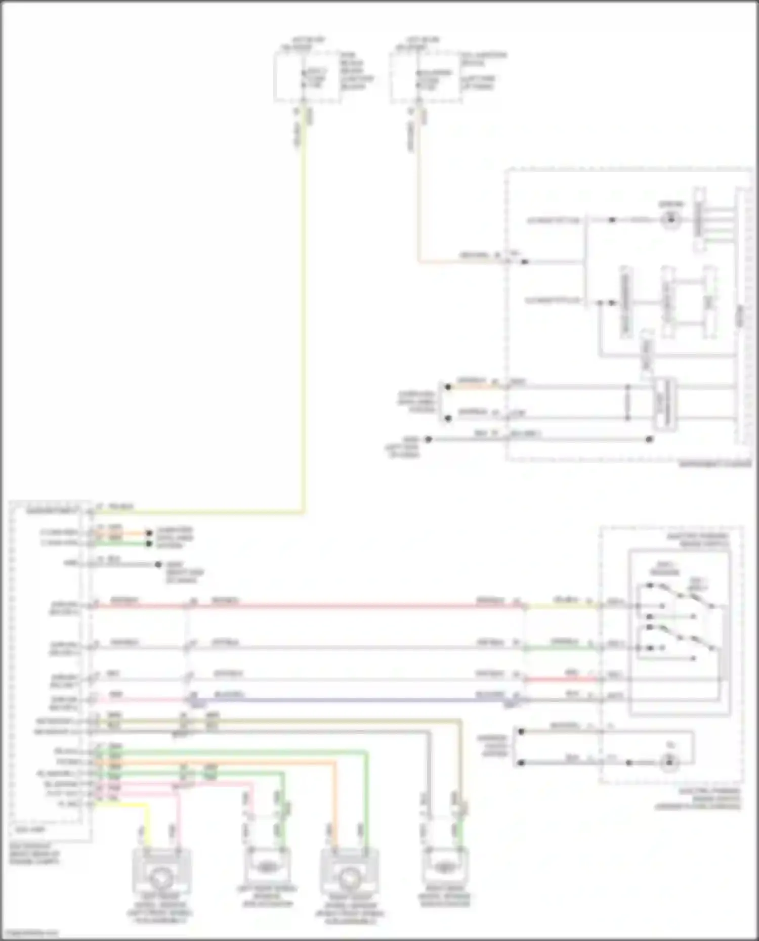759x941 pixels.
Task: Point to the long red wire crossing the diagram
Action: pyautogui.click(x=354, y=605)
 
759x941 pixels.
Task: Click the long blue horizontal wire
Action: pyautogui.click(x=354, y=700)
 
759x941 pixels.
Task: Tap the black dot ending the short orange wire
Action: pyautogui.click(x=149, y=533)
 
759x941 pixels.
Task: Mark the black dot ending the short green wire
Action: pyautogui.click(x=149, y=544)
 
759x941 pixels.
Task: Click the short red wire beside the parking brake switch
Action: pyautogui.click(x=562, y=679)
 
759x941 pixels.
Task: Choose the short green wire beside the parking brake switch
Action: pyautogui.click(x=562, y=647)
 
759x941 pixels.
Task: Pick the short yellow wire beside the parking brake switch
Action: pyautogui.click(x=562, y=605)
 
